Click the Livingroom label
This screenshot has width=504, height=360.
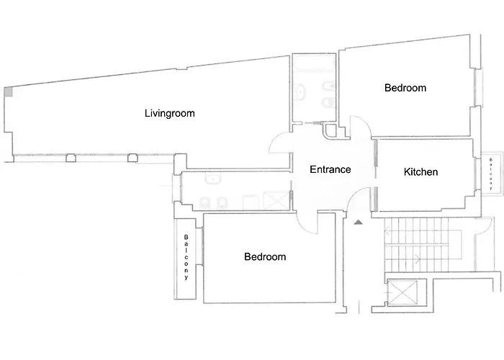point(169,113)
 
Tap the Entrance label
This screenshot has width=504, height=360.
point(330,170)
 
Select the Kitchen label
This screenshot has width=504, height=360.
point(420,172)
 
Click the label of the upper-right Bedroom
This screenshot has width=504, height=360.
point(405,88)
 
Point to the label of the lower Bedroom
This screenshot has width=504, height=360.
point(265,256)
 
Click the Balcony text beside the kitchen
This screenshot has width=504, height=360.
point(491,173)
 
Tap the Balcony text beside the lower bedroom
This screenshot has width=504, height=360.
point(186,257)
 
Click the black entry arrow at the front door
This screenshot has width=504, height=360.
point(358,223)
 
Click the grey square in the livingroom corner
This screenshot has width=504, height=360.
point(8,92)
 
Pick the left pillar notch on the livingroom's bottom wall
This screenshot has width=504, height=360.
point(71,158)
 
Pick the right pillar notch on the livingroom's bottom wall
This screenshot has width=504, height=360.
point(132,158)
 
